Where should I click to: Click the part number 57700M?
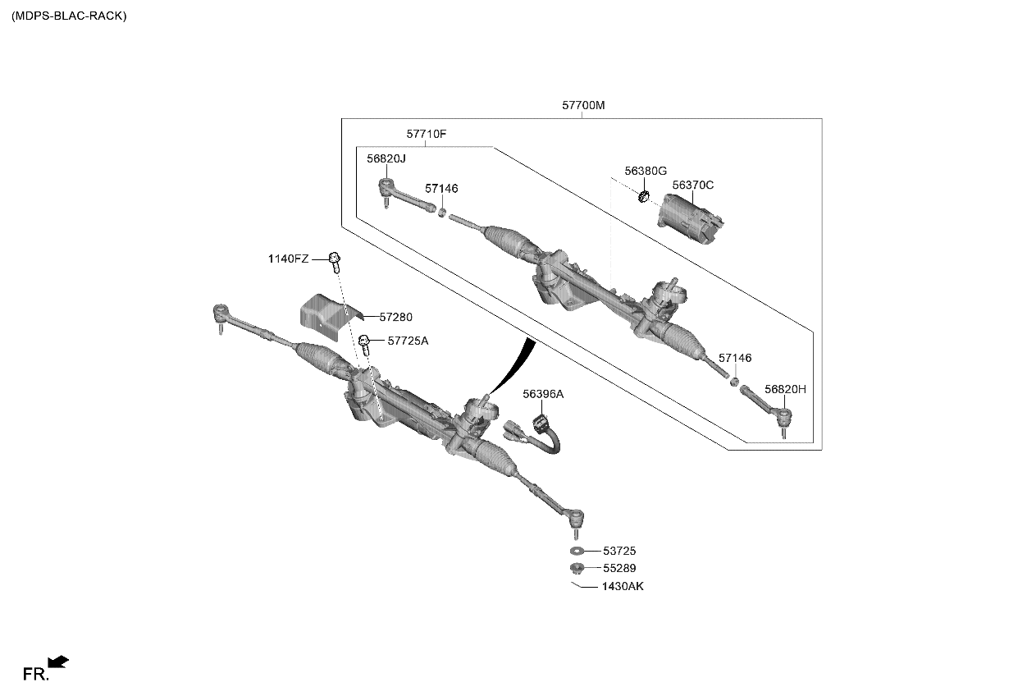pos(583,106)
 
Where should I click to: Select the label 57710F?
pos(427,134)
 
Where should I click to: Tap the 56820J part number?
pos(386,158)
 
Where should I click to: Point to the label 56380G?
pos(645,171)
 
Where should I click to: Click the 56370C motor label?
pos(693,185)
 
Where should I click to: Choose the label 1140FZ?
pos(288,259)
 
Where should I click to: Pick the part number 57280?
pos(395,316)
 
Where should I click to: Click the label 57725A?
pos(408,340)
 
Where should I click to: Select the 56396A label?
pos(543,394)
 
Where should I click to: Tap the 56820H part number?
pos(785,389)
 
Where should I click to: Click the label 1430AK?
pos(623,586)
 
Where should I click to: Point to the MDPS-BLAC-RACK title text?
pos(69,16)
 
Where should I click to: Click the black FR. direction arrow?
pos(58,662)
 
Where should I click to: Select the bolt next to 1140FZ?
pos(335,260)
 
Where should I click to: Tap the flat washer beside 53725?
pos(576,551)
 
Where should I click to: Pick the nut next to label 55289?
pos(576,568)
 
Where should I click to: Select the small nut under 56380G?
pos(644,195)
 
